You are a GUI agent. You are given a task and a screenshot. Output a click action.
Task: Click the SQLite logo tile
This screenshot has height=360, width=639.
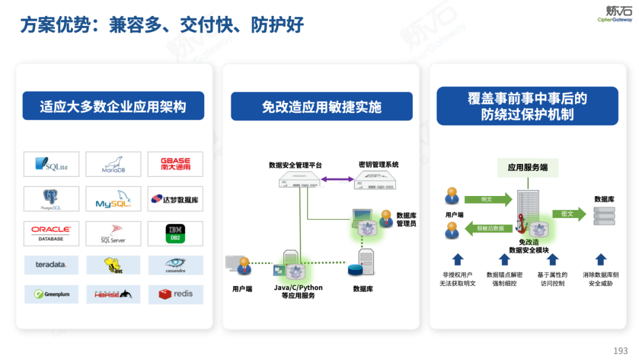pos(51,164)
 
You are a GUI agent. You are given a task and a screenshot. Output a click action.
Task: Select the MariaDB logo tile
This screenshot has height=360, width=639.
pos(113,164)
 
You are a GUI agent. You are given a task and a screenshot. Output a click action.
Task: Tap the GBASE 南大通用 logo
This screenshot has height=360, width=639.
pos(175,164)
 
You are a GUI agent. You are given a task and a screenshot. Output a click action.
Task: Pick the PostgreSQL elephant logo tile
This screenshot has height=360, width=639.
pos(51,199)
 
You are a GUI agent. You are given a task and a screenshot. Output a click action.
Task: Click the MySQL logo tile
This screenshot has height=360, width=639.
pos(113,199)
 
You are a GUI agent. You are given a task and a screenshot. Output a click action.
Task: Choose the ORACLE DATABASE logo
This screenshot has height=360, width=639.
pos(51,233)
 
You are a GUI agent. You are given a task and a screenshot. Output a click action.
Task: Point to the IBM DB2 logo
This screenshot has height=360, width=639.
pos(175,233)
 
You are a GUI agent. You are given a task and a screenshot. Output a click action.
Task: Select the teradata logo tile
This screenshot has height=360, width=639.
pos(51,265)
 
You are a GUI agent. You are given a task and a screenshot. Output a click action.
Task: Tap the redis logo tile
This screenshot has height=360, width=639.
pos(175,294)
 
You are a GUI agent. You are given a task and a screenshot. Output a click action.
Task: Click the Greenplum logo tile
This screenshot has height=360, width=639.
pos(51,294)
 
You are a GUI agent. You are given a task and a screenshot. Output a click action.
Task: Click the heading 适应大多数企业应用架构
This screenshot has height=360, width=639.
pos(113,107)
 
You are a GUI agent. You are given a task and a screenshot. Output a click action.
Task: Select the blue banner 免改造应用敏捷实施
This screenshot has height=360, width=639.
pos(321,107)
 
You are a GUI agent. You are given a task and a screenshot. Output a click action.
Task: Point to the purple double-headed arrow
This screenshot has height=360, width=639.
pos(337,178)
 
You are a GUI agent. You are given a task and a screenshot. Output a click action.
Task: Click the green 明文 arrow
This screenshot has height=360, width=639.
pos(488,200)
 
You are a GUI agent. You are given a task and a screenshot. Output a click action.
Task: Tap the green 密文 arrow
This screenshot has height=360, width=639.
pos(567,213)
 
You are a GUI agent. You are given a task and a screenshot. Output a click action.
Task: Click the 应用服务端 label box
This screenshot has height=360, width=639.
pos(527,168)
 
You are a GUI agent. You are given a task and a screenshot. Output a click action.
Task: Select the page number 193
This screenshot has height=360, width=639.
pos(620,351)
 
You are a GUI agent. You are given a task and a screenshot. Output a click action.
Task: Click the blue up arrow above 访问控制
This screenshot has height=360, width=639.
pos(552,259)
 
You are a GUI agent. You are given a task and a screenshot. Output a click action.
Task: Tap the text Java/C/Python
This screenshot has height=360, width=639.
pos(298,288)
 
